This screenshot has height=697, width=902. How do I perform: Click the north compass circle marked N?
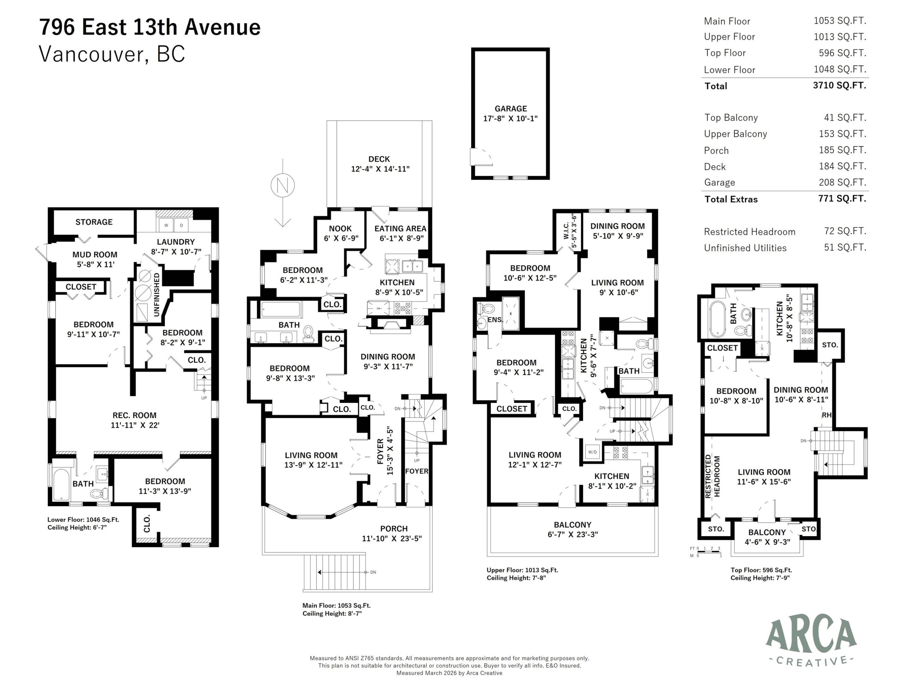283,185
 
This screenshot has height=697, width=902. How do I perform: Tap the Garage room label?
511,108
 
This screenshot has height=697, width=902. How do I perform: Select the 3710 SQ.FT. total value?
839,86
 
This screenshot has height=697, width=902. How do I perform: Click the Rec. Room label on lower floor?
134,415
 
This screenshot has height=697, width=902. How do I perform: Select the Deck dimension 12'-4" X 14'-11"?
380,169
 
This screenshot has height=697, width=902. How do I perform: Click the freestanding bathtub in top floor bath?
717,319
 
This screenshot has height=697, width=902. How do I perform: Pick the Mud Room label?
94,255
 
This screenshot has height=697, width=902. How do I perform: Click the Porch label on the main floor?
394,529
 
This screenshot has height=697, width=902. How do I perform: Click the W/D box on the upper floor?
592,452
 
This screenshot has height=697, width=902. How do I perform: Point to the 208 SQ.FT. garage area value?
842,182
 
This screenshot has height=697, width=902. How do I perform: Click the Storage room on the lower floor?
94,222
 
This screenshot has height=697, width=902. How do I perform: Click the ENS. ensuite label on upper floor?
495,319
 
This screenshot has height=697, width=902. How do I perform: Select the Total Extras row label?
731,199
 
